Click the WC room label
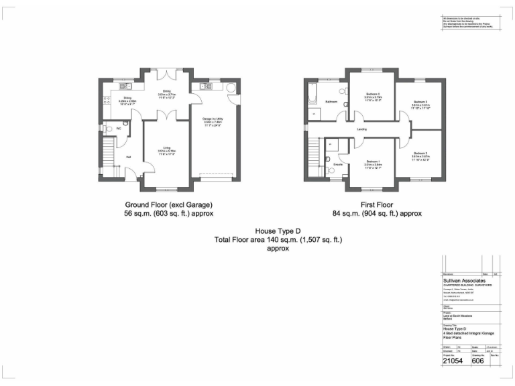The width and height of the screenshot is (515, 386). (119, 128)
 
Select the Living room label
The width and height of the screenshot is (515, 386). (166, 149)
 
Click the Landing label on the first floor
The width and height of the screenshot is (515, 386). (361, 129)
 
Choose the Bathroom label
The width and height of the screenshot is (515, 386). (331, 102)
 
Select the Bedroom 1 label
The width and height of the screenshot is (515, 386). (373, 162)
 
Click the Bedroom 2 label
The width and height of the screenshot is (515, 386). (374, 94)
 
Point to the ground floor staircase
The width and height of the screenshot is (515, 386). (109, 157)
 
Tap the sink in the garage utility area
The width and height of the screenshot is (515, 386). (204, 86)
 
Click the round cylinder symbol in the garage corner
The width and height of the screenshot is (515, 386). (231, 87)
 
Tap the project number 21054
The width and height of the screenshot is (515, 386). (453, 360)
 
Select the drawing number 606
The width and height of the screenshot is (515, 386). (479, 360)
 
